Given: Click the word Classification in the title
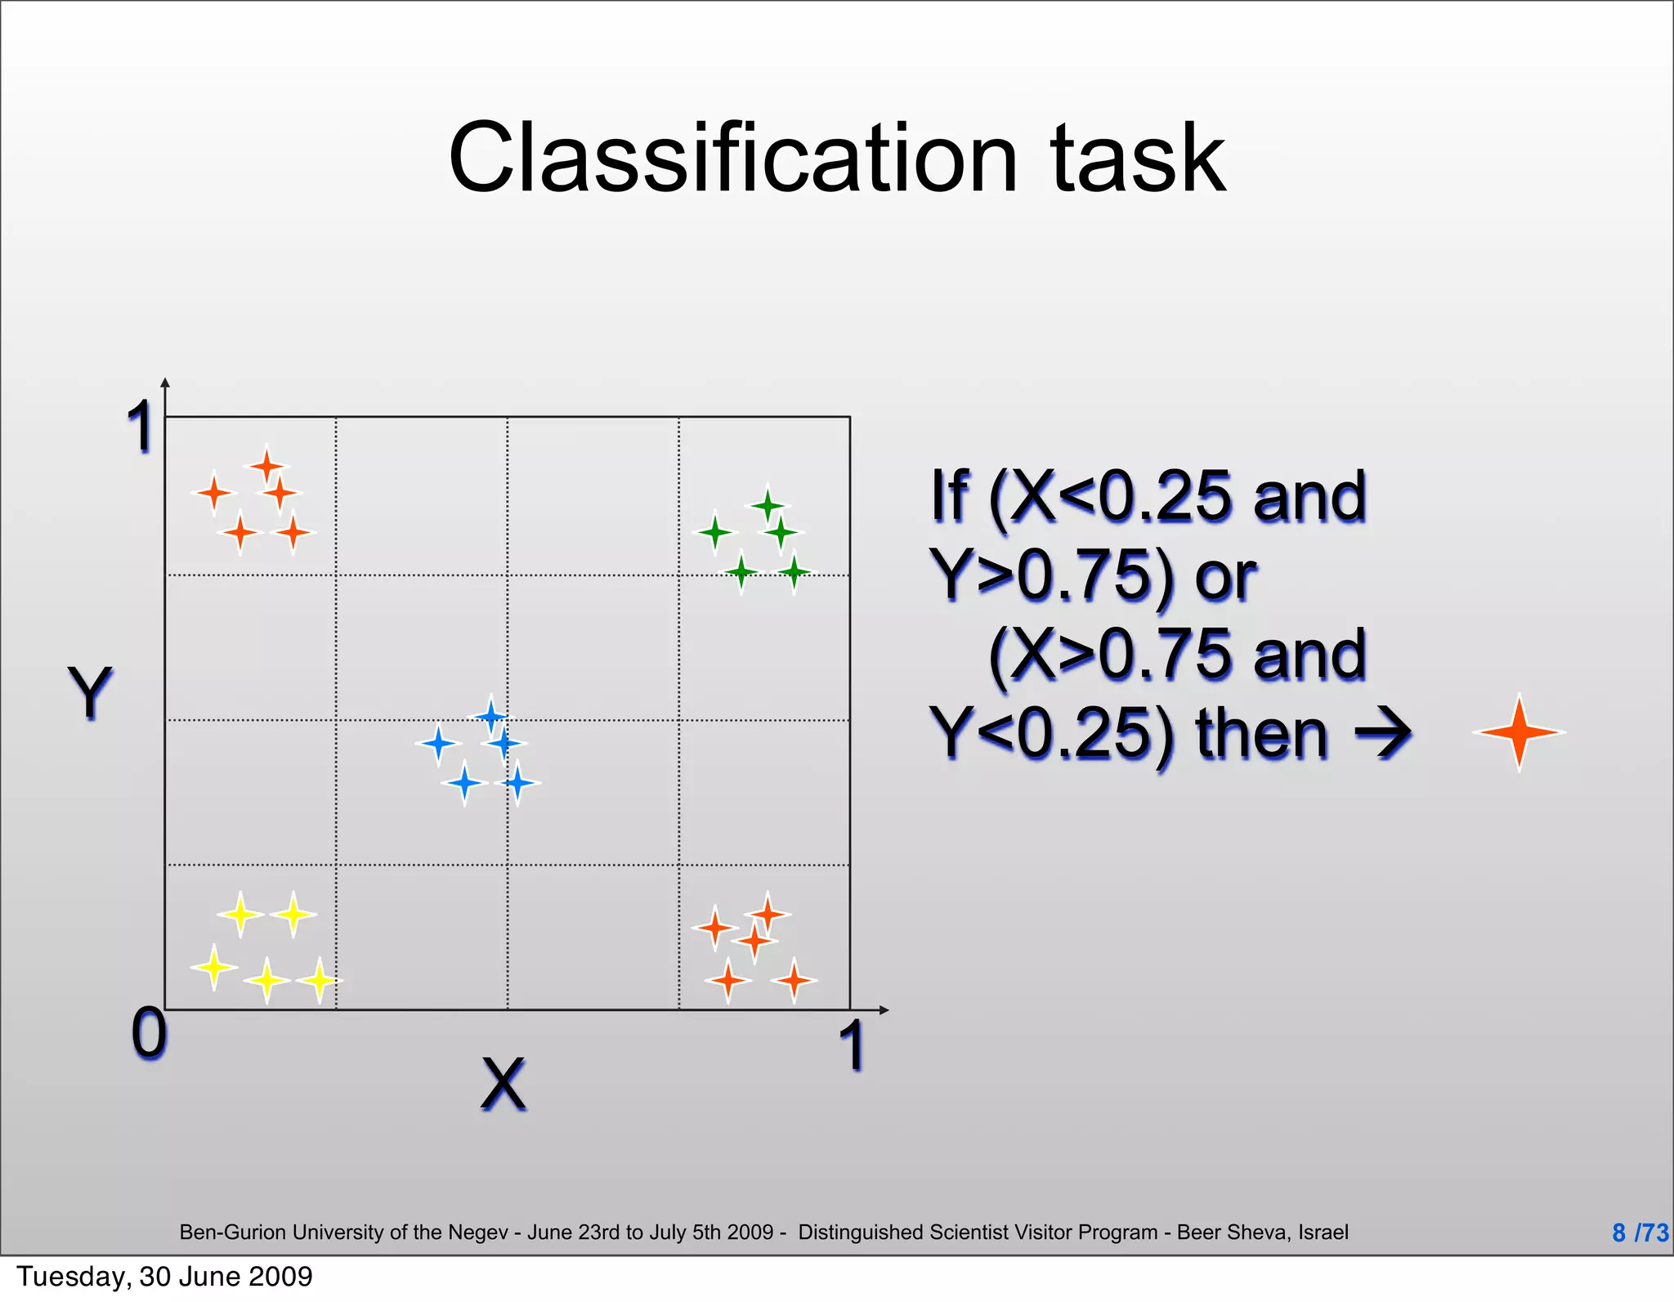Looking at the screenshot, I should (732, 158).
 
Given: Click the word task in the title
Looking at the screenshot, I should (1138, 158).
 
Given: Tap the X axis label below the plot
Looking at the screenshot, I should (503, 1084).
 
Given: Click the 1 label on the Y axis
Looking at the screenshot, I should (141, 427).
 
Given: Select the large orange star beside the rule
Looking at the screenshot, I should (1519, 732).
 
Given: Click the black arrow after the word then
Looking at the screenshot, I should (1384, 732).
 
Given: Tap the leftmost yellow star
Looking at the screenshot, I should (214, 967).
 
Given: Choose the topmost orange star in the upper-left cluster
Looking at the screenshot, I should (266, 467).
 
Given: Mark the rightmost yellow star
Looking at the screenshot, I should (319, 979).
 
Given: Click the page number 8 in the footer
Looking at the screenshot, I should (1618, 1232).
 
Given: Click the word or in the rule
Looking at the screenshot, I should (1225, 575).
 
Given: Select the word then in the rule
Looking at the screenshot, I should (1261, 734).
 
